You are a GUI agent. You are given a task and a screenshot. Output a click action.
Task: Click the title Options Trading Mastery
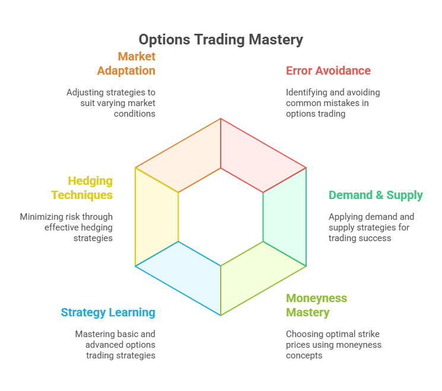pos(221,40)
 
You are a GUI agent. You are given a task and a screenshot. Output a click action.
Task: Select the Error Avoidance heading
pos(328,71)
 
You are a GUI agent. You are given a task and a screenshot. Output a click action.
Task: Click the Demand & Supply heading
pos(376,195)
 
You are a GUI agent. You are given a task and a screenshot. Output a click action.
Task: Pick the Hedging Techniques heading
pos(82,188)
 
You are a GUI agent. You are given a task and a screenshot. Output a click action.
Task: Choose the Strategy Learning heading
pos(108,313)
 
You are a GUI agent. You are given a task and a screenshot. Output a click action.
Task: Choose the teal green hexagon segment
pos(285,217)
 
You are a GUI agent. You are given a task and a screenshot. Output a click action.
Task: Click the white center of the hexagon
pos(221,217)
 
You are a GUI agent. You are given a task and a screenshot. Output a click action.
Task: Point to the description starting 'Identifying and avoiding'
pos(332,103)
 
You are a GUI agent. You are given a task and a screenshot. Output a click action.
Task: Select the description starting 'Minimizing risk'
pos(66,227)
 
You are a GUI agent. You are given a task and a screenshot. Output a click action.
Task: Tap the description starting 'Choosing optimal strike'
pos(333,345)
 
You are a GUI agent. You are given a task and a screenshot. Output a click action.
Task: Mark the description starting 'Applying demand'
pos(371,227)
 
